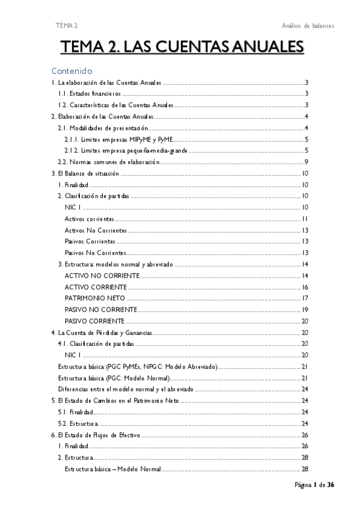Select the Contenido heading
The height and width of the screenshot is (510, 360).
click(x=71, y=70)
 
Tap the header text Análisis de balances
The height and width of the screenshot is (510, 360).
click(x=307, y=25)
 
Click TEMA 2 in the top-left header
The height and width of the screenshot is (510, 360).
click(x=66, y=25)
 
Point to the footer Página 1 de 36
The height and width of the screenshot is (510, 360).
click(x=314, y=486)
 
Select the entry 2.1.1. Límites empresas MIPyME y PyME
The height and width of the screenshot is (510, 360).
click(x=118, y=140)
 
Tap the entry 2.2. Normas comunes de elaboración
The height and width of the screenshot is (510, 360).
click(x=108, y=162)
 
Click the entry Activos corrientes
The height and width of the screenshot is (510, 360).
click(x=89, y=219)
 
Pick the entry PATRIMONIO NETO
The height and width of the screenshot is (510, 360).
click(x=94, y=298)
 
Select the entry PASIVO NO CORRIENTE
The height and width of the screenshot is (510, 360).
click(x=100, y=310)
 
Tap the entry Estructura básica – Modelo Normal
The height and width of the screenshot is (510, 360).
click(x=112, y=469)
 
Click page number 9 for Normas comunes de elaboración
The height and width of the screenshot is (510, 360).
click(x=306, y=162)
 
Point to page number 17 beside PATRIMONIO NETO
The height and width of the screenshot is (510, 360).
click(x=305, y=298)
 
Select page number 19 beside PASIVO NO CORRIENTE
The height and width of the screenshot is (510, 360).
click(x=305, y=310)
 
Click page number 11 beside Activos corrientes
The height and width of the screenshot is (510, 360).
click(x=305, y=219)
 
